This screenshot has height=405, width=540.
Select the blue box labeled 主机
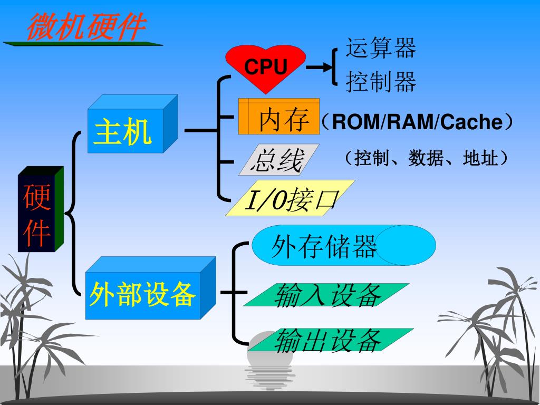(x=126, y=130)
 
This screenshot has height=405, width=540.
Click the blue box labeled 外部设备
(x=143, y=294)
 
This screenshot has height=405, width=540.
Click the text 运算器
(x=381, y=48)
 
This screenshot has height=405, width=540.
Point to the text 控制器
(x=381, y=82)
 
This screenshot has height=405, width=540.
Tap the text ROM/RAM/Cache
(x=417, y=122)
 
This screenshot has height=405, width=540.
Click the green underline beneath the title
(x=82, y=44)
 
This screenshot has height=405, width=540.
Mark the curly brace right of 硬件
(x=73, y=214)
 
